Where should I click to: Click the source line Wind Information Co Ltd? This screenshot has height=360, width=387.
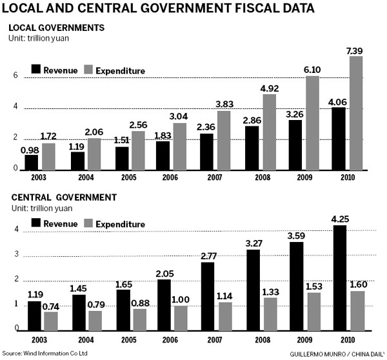click(x=45, y=353)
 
